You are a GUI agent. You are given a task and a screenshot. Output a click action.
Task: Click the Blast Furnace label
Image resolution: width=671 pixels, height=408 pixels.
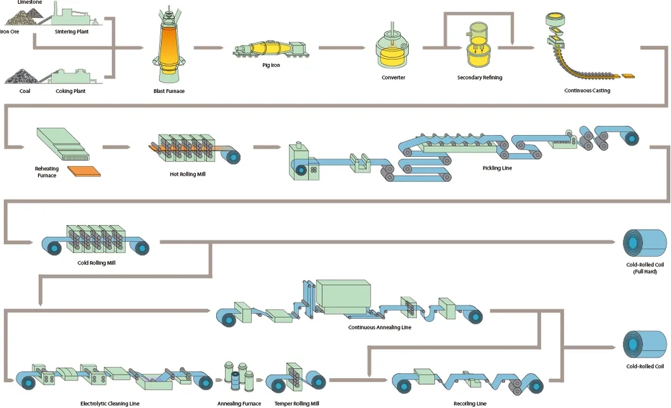169,91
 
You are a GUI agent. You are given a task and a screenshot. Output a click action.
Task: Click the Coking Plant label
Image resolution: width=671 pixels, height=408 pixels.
70,91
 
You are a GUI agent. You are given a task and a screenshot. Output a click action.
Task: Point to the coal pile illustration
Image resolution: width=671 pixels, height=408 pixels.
22,77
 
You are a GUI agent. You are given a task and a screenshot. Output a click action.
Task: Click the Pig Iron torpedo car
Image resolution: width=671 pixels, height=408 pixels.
270,50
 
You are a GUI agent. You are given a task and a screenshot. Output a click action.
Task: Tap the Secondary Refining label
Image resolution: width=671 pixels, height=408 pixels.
480,78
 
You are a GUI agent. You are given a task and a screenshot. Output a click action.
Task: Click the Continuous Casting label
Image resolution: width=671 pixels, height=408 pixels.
587,90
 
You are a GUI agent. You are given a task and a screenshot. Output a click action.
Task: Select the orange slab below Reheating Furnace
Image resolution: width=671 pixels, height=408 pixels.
84,171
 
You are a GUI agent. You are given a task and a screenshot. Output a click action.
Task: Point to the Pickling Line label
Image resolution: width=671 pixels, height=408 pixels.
497,168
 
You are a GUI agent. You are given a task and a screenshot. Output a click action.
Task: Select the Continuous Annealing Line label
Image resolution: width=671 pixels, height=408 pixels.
380,328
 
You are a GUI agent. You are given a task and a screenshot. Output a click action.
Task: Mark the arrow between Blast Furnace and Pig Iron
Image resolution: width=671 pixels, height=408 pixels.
208,47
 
